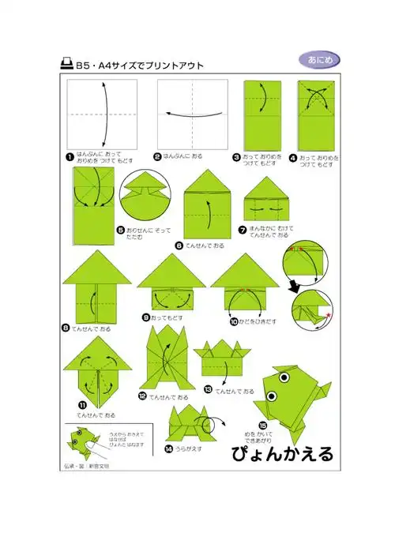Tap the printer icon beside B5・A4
[x=66, y=65]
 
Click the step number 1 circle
[x=70, y=156]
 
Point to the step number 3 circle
[x=236, y=156]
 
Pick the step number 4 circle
[x=292, y=156]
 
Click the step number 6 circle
[x=179, y=246]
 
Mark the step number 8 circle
[x=66, y=327]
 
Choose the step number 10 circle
[x=234, y=322]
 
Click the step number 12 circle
[x=142, y=396]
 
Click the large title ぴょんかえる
[x=282, y=454]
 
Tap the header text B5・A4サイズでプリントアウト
[x=139, y=65]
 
